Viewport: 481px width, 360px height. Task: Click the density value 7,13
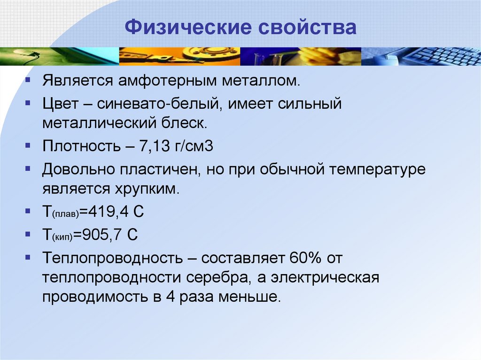pos(157,146)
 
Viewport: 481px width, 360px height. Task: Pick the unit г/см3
pos(196,146)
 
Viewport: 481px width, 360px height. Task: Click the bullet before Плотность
pos(29,146)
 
